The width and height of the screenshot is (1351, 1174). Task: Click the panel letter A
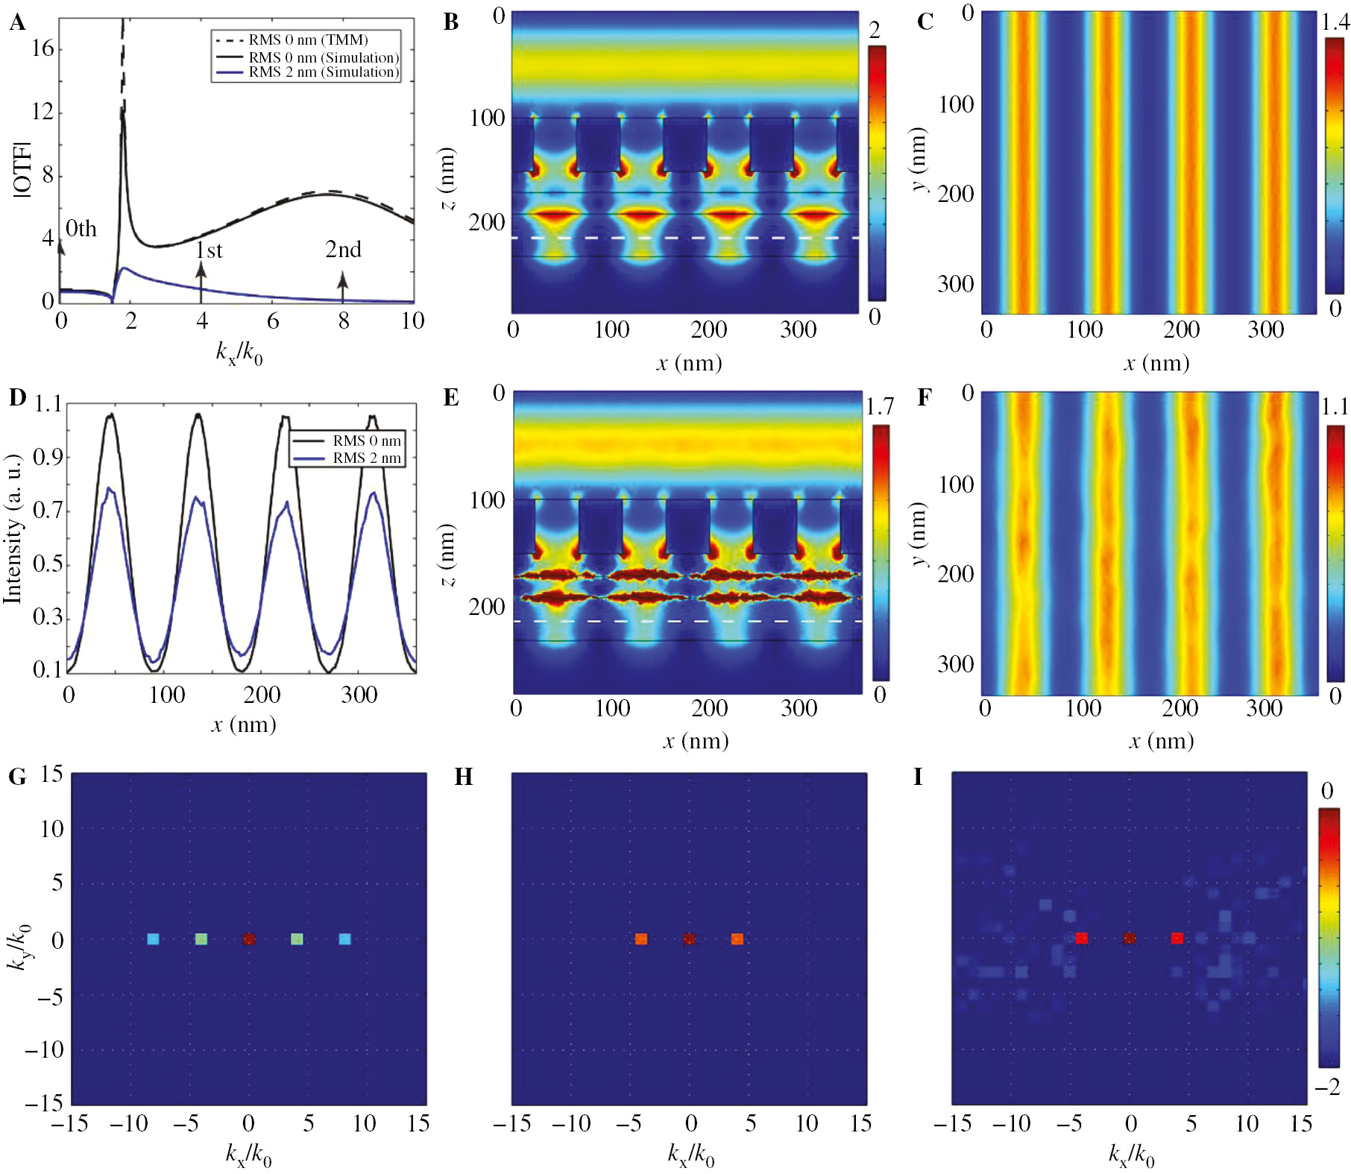(16, 22)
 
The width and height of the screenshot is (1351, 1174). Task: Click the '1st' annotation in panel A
(209, 250)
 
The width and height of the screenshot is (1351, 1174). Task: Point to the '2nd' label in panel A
(343, 249)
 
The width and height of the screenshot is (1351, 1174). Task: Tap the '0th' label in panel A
(81, 228)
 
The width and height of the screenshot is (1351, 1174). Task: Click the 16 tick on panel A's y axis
(43, 48)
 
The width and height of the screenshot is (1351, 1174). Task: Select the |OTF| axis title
(22, 169)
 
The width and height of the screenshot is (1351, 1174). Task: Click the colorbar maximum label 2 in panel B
(875, 30)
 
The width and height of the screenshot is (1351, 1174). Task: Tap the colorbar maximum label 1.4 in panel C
(1335, 22)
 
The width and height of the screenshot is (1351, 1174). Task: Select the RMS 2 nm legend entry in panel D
(366, 458)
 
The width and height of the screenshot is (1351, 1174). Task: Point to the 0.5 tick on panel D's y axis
(47, 564)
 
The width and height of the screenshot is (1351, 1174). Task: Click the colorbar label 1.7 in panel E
(880, 407)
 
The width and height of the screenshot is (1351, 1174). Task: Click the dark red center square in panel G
(249, 939)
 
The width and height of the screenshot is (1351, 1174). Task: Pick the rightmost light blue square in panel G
(344, 939)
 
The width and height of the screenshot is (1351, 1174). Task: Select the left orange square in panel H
(640, 939)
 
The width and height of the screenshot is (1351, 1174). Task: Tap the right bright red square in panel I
(1177, 938)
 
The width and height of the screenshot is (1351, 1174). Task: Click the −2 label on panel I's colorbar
(1327, 1088)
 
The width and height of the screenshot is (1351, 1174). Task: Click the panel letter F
(924, 398)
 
